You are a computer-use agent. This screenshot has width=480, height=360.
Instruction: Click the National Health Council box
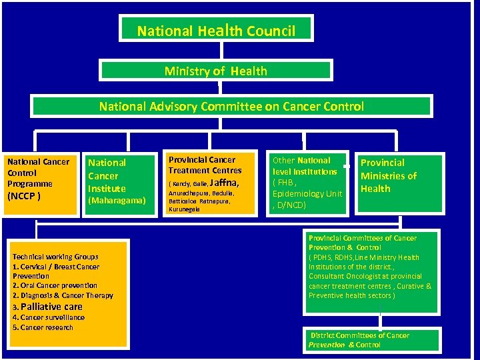click(216, 30)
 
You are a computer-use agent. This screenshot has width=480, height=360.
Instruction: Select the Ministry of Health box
click(215, 71)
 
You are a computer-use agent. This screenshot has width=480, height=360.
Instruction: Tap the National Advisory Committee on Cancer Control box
click(231, 106)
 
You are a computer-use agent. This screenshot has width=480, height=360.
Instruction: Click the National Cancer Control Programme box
click(38, 178)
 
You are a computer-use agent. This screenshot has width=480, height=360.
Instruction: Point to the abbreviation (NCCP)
click(23, 196)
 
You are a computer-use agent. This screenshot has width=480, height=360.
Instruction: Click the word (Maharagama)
click(117, 200)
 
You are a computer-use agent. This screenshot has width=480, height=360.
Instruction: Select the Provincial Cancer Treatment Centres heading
click(205, 165)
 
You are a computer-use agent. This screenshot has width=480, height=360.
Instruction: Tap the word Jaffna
click(224, 182)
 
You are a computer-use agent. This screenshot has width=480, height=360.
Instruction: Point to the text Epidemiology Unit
click(307, 193)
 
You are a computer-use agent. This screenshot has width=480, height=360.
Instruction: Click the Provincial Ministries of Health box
click(399, 183)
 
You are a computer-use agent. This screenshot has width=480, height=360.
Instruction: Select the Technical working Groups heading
click(55, 257)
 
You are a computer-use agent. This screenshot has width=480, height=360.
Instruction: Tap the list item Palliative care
click(51, 307)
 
